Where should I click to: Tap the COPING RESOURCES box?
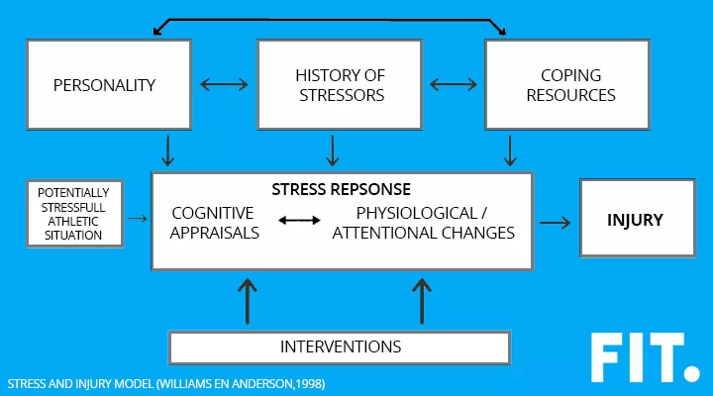coord(566,85)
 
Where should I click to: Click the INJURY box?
coord(635,220)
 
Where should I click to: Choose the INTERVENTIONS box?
coord(340,346)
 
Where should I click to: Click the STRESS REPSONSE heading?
coord(341,188)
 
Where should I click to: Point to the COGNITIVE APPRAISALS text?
coord(214,223)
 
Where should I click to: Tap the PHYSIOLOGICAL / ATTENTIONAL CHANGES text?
coord(423,223)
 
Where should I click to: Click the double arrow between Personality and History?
coord(222,85)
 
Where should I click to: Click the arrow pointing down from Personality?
coord(168,149)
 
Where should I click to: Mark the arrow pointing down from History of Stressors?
coord(334,149)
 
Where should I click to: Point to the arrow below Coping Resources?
coord(510,149)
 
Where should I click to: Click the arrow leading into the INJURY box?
coord(556,222)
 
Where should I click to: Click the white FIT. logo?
coord(643,358)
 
